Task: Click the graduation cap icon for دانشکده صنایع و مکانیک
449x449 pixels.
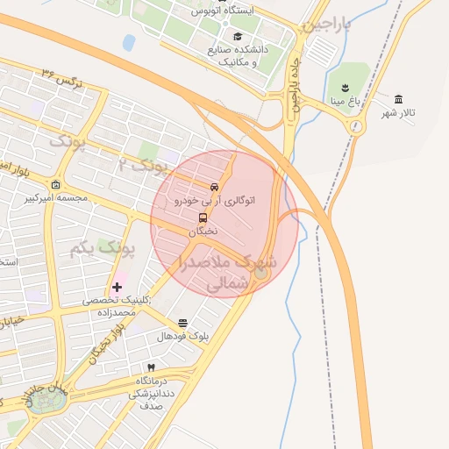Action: pyautogui.click(x=239, y=36)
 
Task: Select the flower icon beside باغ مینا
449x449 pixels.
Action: pyautogui.click(x=345, y=87)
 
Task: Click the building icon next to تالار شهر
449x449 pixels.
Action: pyautogui.click(x=399, y=99)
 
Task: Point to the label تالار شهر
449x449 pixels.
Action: pyautogui.click(x=396, y=114)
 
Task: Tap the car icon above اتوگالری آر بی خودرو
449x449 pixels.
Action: pyautogui.click(x=215, y=187)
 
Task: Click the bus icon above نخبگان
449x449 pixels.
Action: pyautogui.click(x=203, y=217)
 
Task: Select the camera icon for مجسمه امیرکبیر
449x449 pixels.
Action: pyautogui.click(x=56, y=185)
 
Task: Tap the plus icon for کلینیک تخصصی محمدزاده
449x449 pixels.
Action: pyautogui.click(x=117, y=287)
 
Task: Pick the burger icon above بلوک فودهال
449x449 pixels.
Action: pyautogui.click(x=182, y=323)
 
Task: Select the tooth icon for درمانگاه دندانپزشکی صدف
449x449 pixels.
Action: pyautogui.click(x=151, y=367)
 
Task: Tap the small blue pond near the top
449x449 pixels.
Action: pyautogui.click(x=129, y=42)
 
